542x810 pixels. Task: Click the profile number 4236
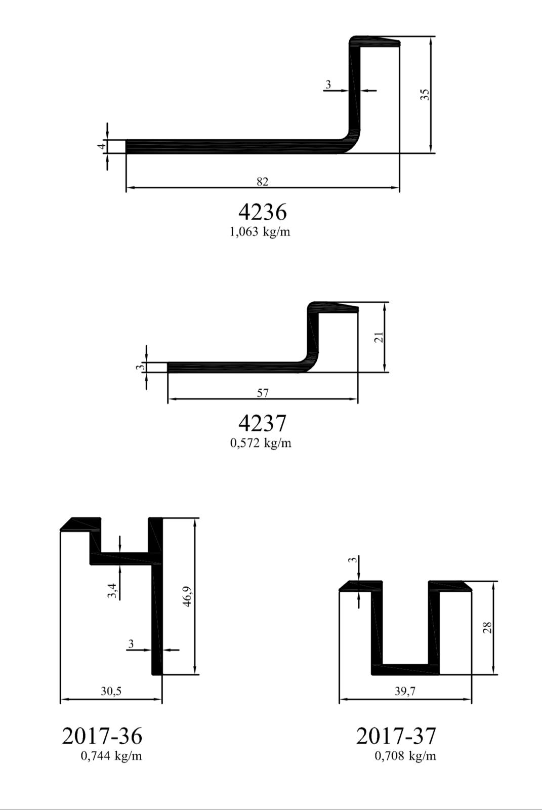coord(262,212)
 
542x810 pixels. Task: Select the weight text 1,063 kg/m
coord(260,232)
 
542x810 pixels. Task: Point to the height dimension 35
coord(425,95)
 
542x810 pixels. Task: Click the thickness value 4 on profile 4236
coord(102,146)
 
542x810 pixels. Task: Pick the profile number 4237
coord(262,423)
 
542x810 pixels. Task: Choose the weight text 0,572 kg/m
coord(261,443)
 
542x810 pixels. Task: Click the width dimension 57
coord(263,393)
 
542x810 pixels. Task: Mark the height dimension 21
coord(379,337)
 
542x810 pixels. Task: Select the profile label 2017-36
coord(102,736)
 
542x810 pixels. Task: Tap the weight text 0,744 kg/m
coord(111,756)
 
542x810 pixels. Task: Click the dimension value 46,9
coord(187,596)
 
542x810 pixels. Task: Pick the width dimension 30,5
coord(111,691)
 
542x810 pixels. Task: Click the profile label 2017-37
coord(396,736)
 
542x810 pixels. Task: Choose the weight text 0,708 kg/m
coord(405,756)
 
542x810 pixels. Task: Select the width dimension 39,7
coord(405,691)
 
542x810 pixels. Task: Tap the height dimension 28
coord(487,628)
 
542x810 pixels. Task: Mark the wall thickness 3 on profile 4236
coord(328,85)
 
